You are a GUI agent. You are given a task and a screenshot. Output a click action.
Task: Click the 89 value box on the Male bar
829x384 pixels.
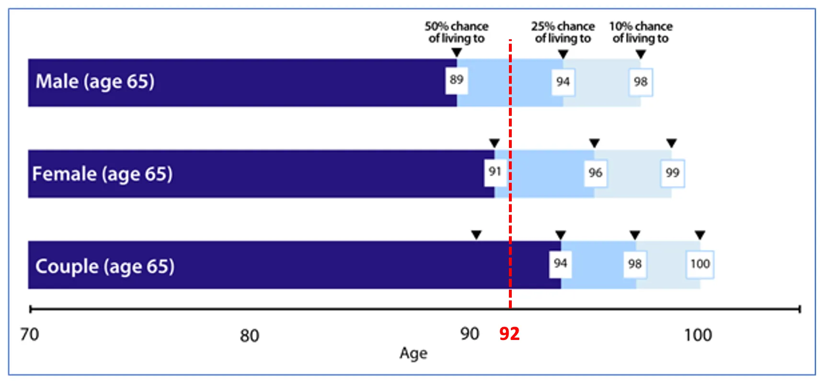tap(456, 80)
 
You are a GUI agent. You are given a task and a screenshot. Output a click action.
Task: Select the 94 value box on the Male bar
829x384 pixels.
tap(563, 82)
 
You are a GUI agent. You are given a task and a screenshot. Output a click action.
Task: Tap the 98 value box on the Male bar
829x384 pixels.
tap(641, 82)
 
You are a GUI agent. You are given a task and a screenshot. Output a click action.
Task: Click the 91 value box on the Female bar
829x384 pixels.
tap(495, 171)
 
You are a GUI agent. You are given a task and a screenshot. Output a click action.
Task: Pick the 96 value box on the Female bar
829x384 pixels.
tap(595, 173)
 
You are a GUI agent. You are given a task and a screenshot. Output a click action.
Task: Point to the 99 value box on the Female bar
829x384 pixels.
tap(672, 173)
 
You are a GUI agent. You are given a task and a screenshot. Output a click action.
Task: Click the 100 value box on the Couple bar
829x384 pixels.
tap(700, 264)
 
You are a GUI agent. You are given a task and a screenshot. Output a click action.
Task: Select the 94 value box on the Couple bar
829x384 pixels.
tap(560, 263)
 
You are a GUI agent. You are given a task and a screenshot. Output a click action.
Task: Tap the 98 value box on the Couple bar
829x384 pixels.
tap(635, 264)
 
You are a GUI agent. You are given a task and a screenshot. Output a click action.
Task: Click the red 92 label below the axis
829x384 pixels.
tap(509, 334)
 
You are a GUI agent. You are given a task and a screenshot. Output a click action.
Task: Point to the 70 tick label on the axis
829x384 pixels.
tap(29, 334)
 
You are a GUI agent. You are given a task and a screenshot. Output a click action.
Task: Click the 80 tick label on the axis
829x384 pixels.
tap(249, 336)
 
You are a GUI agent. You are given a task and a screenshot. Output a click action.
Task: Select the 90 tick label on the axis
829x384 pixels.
tap(469, 334)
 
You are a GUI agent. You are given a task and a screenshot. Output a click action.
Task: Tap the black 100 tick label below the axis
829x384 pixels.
tap(698, 335)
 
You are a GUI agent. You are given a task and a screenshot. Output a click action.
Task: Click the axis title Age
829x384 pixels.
tap(413, 353)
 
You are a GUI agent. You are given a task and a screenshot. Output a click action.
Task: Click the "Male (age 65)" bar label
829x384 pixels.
tap(95, 81)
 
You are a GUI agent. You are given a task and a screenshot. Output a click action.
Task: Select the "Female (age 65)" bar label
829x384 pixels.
tap(102, 174)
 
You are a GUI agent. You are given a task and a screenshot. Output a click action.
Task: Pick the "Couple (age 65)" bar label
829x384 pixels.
tap(104, 266)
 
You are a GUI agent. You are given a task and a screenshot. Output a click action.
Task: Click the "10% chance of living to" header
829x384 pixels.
tap(641, 32)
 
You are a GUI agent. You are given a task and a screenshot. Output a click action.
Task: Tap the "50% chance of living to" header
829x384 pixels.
tap(456, 32)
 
